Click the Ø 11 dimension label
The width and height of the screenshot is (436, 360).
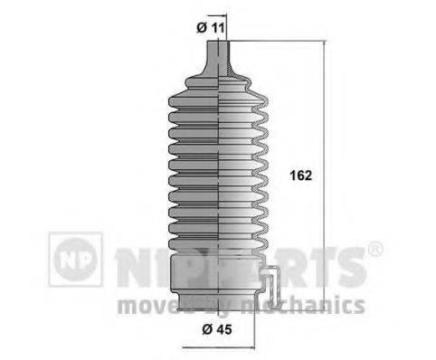point(211,26)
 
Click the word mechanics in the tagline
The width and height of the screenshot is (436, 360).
point(318,304)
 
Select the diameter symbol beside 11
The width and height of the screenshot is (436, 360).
point(201,26)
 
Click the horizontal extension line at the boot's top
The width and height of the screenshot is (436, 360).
point(271,41)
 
